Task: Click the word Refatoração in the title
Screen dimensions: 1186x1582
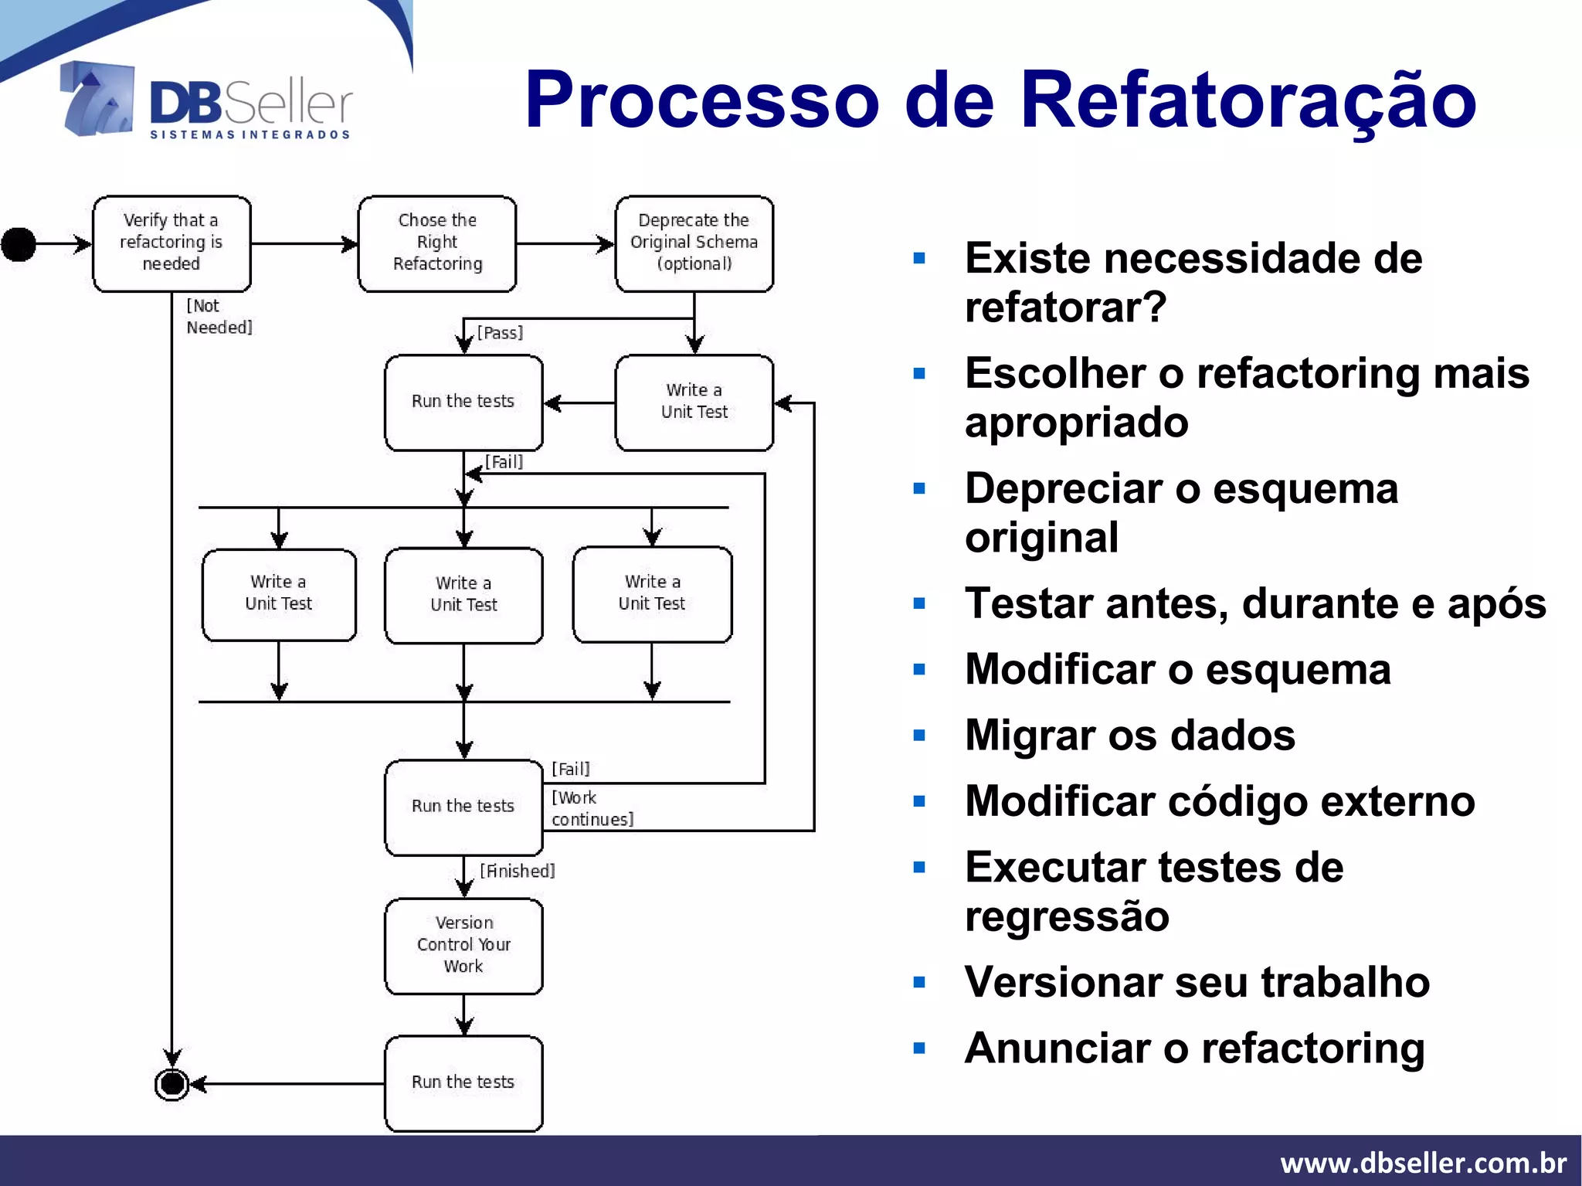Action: click(1247, 100)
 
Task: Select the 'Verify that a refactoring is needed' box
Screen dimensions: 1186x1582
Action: click(171, 243)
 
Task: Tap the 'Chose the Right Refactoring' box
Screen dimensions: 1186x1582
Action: click(437, 243)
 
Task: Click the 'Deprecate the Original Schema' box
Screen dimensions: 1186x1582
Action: click(694, 243)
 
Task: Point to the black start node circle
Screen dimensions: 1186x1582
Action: click(19, 244)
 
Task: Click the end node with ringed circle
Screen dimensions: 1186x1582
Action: click(171, 1084)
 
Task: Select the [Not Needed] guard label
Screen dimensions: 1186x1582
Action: click(219, 317)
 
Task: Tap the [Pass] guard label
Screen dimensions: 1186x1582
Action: click(500, 333)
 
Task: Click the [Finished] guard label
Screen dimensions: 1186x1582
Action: click(517, 871)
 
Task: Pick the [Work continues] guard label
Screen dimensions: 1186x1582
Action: click(591, 808)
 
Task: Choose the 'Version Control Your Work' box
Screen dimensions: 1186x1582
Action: click(463, 945)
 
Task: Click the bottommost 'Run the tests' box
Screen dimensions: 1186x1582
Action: click(463, 1082)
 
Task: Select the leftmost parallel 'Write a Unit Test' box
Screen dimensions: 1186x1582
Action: click(279, 593)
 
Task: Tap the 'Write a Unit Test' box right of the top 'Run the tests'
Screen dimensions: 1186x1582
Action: click(694, 402)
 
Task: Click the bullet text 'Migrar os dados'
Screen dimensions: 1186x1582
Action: click(1129, 735)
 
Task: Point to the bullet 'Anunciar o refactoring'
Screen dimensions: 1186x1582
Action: click(1194, 1048)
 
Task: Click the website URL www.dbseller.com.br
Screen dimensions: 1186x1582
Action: click(1423, 1162)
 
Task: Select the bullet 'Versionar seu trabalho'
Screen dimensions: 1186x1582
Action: click(1197, 983)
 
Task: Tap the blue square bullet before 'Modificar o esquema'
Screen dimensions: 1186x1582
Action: click(919, 670)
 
